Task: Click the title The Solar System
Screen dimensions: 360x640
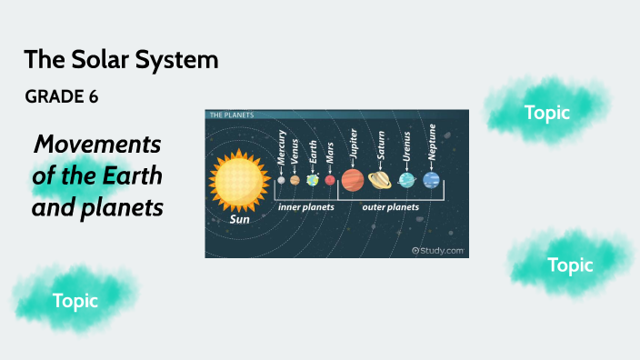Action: pos(121,61)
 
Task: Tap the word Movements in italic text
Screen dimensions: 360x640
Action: pos(97,144)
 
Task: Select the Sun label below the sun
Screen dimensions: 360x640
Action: pos(239,219)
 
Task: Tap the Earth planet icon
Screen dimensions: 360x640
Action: pos(313,180)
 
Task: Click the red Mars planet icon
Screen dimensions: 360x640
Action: pos(330,180)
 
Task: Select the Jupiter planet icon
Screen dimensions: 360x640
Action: pos(353,180)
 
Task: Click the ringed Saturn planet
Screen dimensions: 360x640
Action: pos(380,180)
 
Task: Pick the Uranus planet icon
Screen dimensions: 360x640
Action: pos(407,180)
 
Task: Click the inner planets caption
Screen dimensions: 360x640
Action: pos(305,207)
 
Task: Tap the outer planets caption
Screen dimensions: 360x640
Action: pos(390,207)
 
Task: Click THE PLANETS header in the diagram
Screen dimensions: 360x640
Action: pos(232,115)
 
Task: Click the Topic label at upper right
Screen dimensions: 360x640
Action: pos(547,113)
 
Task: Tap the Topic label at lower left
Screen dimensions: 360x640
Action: pos(75,300)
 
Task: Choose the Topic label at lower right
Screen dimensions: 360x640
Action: pos(570,265)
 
